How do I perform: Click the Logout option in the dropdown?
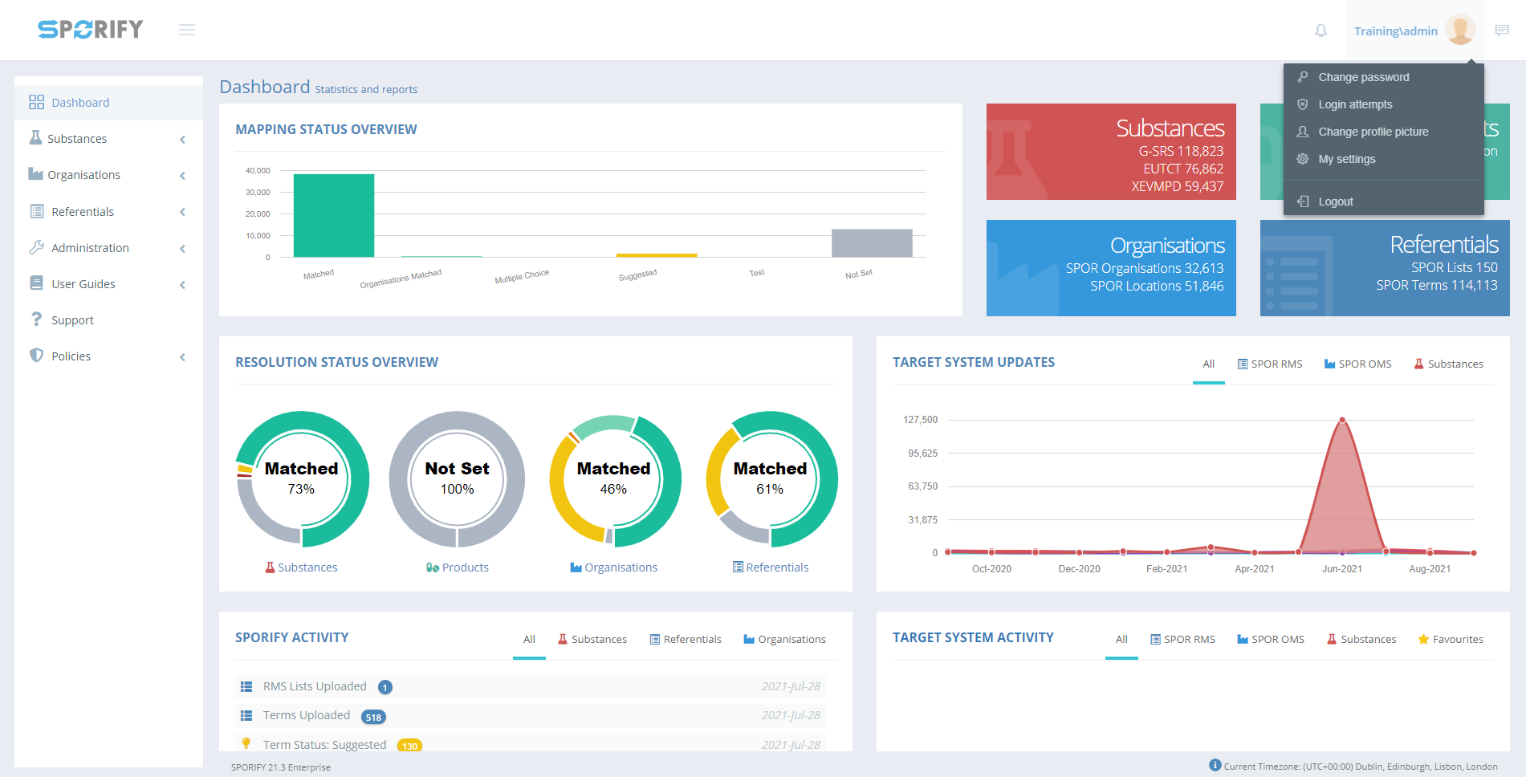[1335, 201]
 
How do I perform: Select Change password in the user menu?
[1363, 77]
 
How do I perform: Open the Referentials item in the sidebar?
[83, 212]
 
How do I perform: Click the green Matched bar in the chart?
[333, 215]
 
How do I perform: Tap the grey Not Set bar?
[871, 242]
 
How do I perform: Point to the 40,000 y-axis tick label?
[258, 171]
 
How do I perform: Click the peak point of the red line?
[1341, 420]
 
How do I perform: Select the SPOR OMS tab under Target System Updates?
[1357, 364]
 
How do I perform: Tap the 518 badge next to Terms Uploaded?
[373, 717]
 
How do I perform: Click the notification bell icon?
[1320, 31]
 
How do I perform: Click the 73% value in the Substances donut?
[301, 489]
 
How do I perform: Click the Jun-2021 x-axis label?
[1341, 569]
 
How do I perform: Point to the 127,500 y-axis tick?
[920, 420]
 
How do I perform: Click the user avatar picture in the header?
[1460, 30]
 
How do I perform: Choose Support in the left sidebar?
[72, 320]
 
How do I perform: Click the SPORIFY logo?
[90, 30]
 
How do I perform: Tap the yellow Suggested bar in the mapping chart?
[657, 255]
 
